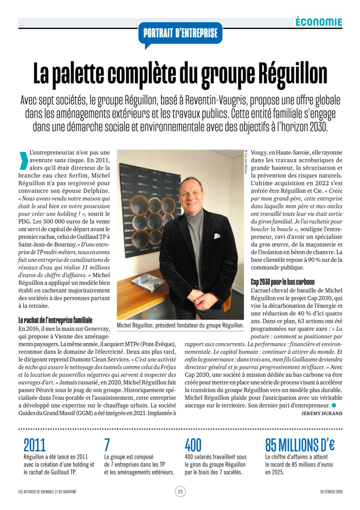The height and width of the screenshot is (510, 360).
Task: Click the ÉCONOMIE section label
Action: [318, 22]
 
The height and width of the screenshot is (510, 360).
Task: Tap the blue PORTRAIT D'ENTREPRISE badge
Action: [180, 33]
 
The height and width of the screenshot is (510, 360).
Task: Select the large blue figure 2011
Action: [34, 445]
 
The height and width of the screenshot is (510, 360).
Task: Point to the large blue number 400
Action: [193, 445]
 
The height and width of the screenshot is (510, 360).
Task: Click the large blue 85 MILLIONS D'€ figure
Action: [300, 445]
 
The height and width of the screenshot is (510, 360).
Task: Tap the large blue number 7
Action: [107, 445]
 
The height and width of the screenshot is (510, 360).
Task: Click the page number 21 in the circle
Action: [180, 492]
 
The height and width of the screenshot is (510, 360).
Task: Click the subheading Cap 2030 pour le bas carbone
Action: [282, 282]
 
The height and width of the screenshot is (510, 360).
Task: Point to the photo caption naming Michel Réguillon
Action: [180, 325]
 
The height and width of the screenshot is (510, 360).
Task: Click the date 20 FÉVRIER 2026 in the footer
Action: [331, 492]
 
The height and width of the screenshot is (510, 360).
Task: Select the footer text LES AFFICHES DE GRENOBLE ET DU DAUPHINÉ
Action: [47, 492]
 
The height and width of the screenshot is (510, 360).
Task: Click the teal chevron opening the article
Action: [24, 161]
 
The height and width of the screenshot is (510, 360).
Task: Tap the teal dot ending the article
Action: [333, 405]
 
